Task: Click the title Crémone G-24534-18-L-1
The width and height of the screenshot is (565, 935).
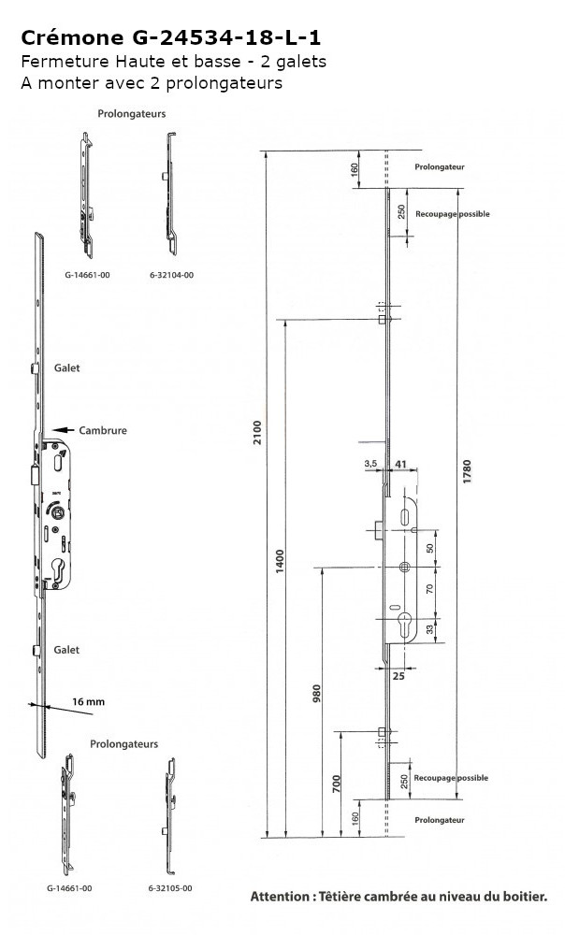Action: pyautogui.click(x=170, y=38)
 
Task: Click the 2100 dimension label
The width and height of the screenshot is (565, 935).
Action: pyautogui.click(x=257, y=432)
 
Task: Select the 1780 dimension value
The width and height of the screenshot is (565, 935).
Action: pyautogui.click(x=467, y=471)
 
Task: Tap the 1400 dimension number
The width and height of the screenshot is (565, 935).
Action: pyautogui.click(x=281, y=561)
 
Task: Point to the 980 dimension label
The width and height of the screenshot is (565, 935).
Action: pyautogui.click(x=317, y=694)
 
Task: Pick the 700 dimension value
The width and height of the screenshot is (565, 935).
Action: pyautogui.click(x=337, y=784)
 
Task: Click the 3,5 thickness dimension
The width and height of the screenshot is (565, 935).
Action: pyautogui.click(x=370, y=464)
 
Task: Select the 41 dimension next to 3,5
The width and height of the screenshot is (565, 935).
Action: pyautogui.click(x=400, y=464)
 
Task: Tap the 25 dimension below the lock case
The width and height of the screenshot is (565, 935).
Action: pyautogui.click(x=398, y=676)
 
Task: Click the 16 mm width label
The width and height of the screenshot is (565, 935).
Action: pyautogui.click(x=88, y=702)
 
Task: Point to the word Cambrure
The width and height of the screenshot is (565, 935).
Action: pyautogui.click(x=103, y=430)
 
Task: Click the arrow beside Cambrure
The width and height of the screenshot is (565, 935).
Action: pyautogui.click(x=64, y=429)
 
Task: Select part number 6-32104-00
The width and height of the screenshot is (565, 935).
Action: pyautogui.click(x=171, y=276)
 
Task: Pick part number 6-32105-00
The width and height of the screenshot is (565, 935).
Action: pyautogui.click(x=170, y=888)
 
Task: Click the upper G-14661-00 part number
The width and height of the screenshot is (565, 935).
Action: pyautogui.click(x=88, y=276)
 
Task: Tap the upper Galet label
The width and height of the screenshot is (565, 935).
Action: pyautogui.click(x=66, y=367)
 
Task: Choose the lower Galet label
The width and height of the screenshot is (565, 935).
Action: pyautogui.click(x=66, y=650)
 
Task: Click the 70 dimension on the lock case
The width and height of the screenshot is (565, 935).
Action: pyautogui.click(x=429, y=589)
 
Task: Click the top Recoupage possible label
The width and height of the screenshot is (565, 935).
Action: pyautogui.click(x=452, y=214)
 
